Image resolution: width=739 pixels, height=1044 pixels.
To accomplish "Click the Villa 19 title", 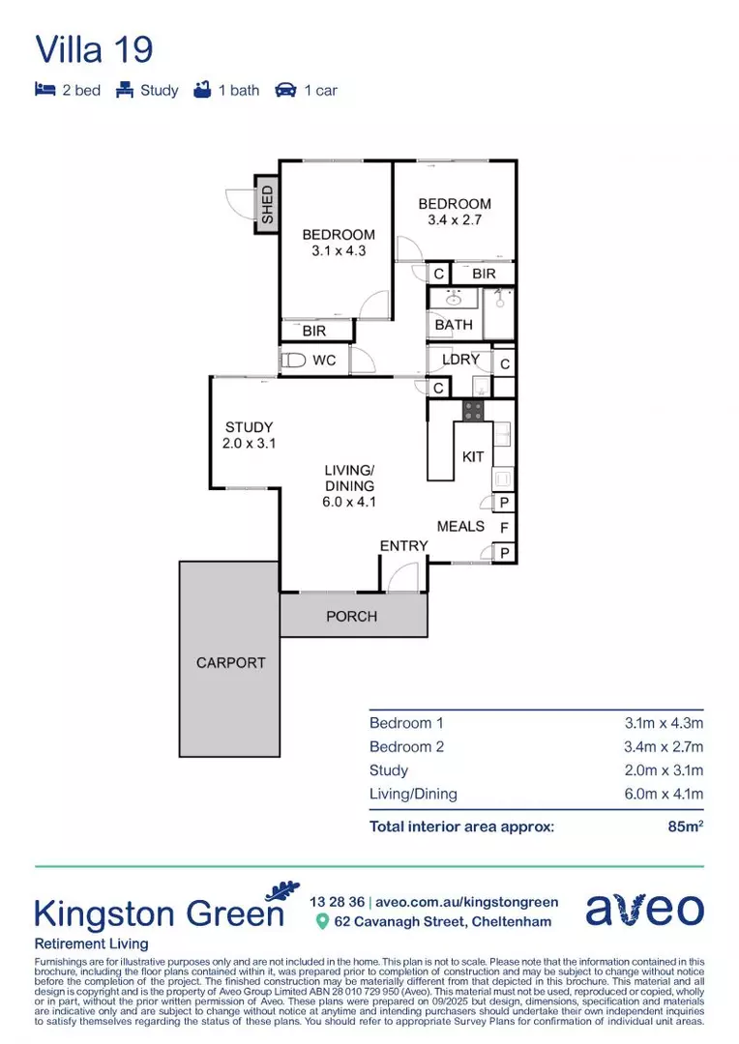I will click(x=94, y=49).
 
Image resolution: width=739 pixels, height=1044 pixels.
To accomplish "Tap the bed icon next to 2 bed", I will click(x=44, y=90).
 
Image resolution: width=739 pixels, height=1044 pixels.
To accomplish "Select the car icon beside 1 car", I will click(x=285, y=90).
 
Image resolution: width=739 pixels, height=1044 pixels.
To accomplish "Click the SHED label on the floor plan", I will click(x=267, y=205).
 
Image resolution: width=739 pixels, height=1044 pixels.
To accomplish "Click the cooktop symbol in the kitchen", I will click(x=473, y=410).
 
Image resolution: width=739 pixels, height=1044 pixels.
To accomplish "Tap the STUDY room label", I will click(x=249, y=427).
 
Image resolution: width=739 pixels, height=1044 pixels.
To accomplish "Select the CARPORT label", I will click(x=230, y=663).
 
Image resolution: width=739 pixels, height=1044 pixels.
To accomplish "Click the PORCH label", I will click(x=351, y=616).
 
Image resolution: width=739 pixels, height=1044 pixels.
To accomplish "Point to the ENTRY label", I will click(x=403, y=545).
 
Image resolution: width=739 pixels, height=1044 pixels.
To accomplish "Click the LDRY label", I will click(x=460, y=360).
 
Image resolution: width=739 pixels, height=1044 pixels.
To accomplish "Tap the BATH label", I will click(x=454, y=325).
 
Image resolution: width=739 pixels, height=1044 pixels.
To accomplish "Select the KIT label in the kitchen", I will click(x=473, y=456).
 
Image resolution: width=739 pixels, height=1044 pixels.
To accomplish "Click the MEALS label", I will click(x=460, y=526).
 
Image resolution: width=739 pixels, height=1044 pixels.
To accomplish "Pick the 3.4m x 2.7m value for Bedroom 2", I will click(x=664, y=746).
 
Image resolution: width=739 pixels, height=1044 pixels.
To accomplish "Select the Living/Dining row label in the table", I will click(x=413, y=795).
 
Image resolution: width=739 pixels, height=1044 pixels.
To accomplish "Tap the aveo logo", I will click(x=644, y=910).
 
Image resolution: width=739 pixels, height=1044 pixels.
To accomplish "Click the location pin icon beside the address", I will click(x=322, y=922).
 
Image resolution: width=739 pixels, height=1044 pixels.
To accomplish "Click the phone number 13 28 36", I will click(x=336, y=902).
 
